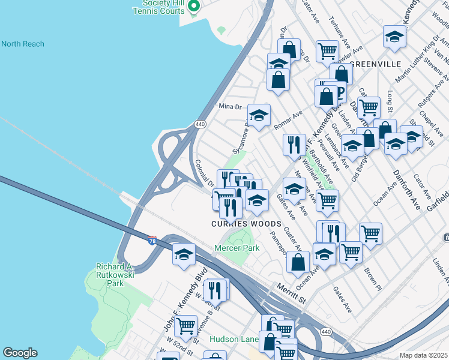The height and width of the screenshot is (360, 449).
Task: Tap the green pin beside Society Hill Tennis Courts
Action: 193,7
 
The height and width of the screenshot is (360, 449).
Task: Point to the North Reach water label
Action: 22,44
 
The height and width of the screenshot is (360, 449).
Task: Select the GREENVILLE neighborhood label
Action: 375,64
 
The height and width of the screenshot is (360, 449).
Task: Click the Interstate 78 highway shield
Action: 152,240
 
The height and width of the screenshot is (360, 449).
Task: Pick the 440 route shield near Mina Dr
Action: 200,124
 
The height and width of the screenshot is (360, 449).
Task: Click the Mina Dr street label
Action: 229,106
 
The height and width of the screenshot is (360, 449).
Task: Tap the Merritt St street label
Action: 291,289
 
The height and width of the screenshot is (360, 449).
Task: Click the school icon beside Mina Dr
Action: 259,115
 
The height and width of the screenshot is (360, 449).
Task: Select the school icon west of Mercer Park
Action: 184,254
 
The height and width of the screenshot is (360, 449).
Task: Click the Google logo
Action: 20,353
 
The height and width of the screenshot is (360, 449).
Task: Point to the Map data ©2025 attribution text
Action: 423,355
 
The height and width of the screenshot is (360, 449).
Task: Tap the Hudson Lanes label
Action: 234,339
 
